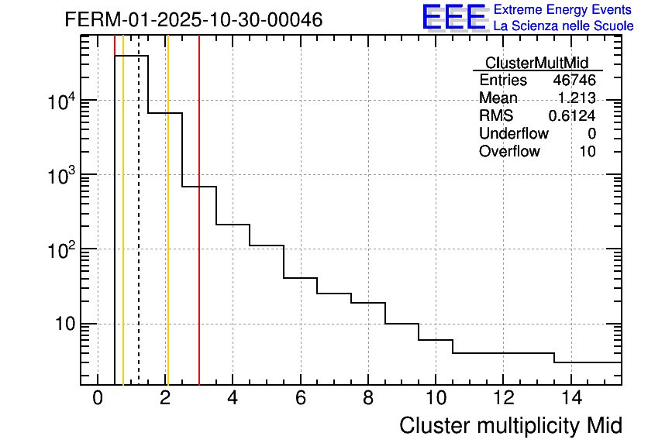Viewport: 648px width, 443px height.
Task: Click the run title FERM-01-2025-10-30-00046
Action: point(193,19)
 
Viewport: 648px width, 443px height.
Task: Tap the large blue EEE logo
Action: point(453,17)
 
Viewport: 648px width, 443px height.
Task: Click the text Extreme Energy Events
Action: point(563,10)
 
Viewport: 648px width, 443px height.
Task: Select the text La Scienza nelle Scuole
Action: point(564,26)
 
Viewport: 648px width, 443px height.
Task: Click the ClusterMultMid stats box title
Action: point(536,63)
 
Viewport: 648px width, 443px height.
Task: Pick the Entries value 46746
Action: point(574,81)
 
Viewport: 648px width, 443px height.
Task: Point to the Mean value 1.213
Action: point(577,98)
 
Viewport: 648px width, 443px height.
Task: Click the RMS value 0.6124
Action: point(572,116)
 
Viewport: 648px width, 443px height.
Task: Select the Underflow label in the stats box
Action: point(513,134)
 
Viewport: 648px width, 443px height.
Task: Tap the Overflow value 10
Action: point(588,152)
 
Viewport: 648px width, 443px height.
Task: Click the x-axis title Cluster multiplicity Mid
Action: point(510,425)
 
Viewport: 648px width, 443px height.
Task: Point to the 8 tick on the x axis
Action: point(368,399)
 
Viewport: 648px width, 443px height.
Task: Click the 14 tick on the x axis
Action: point(570,399)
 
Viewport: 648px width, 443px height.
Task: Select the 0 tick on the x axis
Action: point(98,399)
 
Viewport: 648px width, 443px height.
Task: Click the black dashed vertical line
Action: point(139,232)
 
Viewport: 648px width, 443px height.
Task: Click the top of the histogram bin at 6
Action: point(300,277)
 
